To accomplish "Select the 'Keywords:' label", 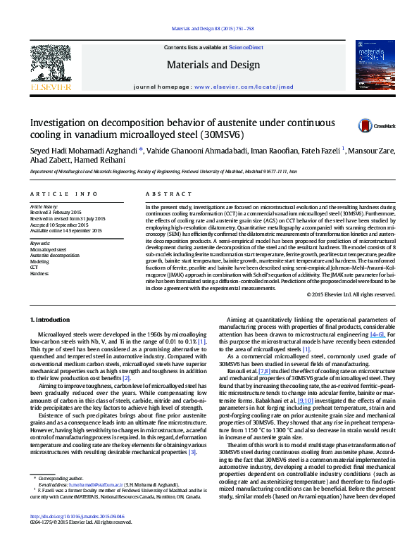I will point(42,243).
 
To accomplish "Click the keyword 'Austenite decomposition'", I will point(55,255).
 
